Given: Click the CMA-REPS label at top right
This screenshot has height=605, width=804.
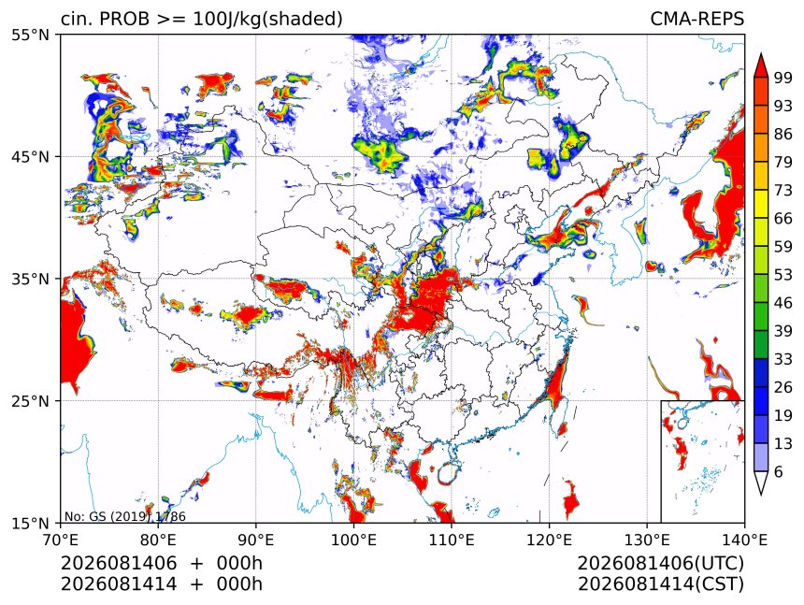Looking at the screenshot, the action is [x=696, y=19].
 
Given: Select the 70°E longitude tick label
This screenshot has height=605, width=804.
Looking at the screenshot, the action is [x=61, y=540].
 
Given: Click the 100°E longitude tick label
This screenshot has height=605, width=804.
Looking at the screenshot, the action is [x=353, y=540].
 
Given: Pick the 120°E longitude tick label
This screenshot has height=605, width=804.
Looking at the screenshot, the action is [x=549, y=540].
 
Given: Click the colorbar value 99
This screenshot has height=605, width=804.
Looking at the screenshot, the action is [x=783, y=79].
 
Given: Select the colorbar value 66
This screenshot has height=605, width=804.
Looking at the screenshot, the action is [x=783, y=219].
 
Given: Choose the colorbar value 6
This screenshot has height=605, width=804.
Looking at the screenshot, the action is [x=779, y=471].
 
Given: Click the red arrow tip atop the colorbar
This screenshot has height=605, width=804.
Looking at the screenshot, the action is [x=761, y=53].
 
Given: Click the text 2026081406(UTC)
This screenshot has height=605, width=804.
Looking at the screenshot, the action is [x=660, y=563].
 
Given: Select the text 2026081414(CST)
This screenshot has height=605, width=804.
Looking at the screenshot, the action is [x=660, y=584].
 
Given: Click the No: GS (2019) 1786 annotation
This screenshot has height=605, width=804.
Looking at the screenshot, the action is [x=125, y=516].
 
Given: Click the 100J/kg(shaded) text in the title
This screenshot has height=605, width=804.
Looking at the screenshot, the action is [x=267, y=20].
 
